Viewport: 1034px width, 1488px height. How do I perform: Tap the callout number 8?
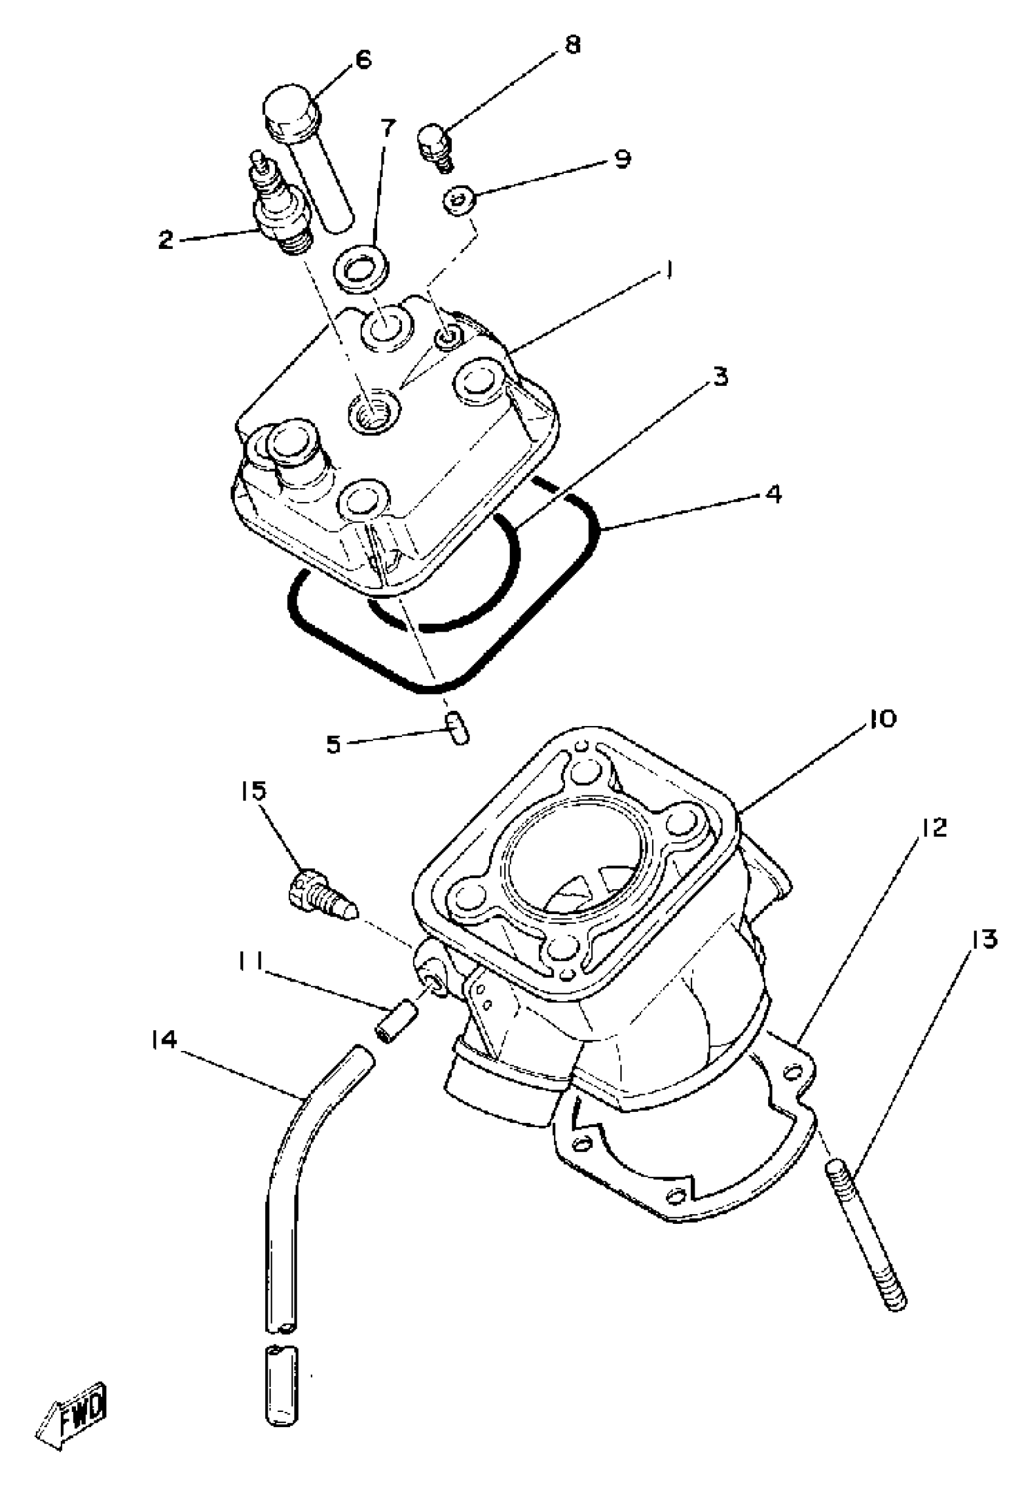point(573,46)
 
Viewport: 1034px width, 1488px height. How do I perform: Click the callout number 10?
point(880,719)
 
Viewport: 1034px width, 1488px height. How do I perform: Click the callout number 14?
point(163,1040)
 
